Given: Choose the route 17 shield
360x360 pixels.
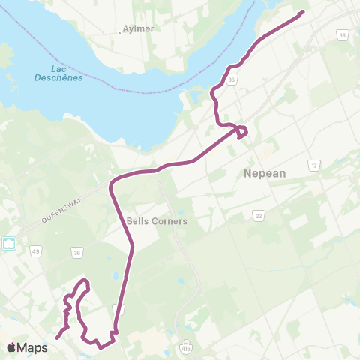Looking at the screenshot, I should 313,165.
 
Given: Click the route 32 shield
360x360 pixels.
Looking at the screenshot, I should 259,214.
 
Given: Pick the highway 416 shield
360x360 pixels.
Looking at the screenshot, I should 186,346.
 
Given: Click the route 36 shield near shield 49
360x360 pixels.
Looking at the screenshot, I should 77,253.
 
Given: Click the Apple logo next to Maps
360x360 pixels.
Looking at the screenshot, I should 12,347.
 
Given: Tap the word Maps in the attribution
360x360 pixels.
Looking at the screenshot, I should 33,347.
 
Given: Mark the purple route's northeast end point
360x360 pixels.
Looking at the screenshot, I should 302,13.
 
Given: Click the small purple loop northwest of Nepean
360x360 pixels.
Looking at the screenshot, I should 242,132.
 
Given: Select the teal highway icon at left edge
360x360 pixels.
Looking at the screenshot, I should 9,244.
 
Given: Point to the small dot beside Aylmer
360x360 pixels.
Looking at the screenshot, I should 120,33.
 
